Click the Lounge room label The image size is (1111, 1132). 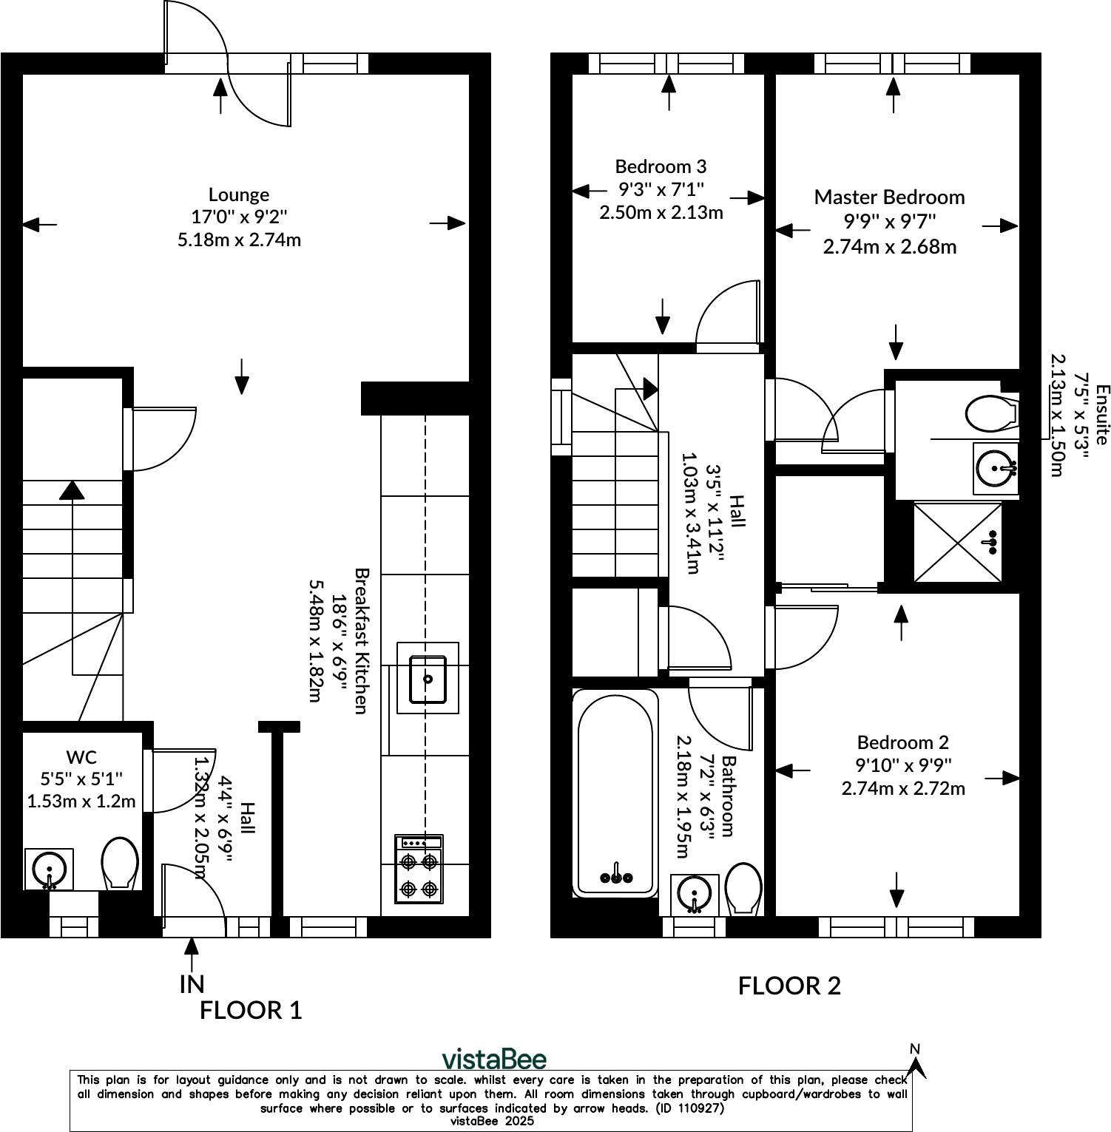click(239, 194)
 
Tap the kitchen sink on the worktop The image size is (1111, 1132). click(428, 678)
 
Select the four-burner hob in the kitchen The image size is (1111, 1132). click(419, 869)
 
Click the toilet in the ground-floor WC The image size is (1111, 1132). click(120, 863)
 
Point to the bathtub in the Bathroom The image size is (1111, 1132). click(615, 793)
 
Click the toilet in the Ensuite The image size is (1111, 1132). click(991, 414)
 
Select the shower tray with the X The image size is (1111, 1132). click(958, 542)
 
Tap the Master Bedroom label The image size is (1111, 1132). click(889, 197)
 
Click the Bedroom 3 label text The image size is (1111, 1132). click(661, 166)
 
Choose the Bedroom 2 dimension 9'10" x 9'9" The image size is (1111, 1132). click(903, 765)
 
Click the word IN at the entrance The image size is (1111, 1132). click(192, 984)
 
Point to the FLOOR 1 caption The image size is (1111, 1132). click(251, 1010)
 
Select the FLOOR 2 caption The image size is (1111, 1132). click(789, 986)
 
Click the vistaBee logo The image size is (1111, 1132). click(494, 1059)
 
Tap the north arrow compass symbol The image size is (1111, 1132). click(916, 1062)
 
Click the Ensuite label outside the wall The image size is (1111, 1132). click(1102, 414)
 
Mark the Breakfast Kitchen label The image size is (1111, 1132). click(361, 640)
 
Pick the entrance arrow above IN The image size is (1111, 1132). click(192, 955)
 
